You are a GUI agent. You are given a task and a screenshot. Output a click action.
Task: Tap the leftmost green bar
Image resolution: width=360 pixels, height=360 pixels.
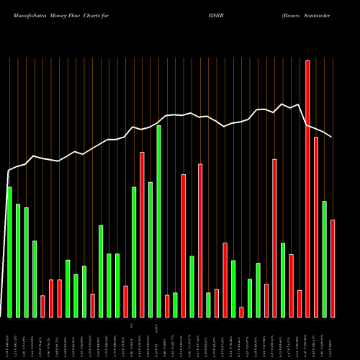click(9, 252)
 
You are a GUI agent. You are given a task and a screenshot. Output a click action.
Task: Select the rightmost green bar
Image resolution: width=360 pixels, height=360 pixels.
click(325, 259)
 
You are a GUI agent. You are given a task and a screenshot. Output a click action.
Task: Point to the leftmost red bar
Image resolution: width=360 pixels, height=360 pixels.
click(42, 306)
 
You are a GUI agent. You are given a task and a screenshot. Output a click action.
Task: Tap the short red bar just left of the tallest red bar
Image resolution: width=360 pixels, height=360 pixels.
click(300, 303)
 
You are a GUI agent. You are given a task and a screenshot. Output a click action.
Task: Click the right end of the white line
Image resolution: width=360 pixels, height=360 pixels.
click(332, 137)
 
